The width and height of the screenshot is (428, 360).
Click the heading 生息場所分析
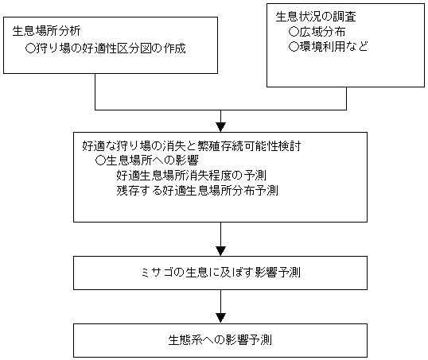[46, 31]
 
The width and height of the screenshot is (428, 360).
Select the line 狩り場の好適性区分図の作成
[111, 48]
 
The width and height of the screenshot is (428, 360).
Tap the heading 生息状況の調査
[316, 17]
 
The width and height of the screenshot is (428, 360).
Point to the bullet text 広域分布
[322, 32]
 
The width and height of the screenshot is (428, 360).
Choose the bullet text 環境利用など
[334, 46]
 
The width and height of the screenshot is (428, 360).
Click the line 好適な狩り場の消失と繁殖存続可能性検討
[192, 146]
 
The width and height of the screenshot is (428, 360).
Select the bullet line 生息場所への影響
[152, 161]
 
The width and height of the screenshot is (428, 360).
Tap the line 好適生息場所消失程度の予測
[192, 175]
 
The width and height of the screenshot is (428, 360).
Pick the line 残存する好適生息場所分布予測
[197, 190]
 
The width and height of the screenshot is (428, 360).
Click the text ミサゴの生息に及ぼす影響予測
[220, 273]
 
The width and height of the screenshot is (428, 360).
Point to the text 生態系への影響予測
[220, 340]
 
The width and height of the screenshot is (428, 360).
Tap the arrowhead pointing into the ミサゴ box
[220, 251]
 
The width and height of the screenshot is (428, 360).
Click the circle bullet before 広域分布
[294, 32]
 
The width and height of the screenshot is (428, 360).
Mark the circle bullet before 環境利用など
[294, 47]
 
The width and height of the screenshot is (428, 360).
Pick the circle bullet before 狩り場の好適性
[30, 48]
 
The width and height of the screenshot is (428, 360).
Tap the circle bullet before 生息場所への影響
[100, 161]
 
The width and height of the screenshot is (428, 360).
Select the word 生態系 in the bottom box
[185, 340]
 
